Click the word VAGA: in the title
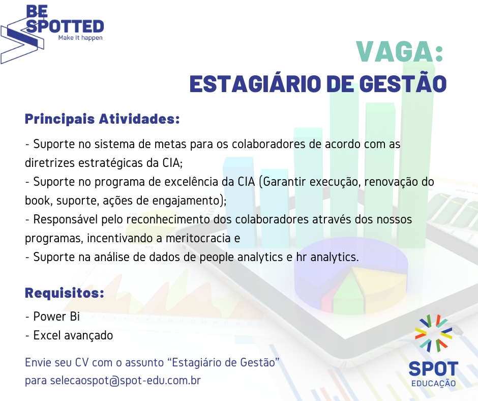(400, 52)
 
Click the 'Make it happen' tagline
(80, 38)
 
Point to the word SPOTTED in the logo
(65, 26)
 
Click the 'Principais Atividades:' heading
(102, 119)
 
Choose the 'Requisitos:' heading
(64, 293)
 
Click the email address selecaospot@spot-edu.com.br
(125, 381)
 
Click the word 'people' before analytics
(217, 257)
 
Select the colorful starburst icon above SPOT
(433, 333)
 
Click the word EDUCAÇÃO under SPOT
(433, 383)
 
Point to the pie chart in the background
(350, 276)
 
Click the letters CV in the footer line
(82, 362)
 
